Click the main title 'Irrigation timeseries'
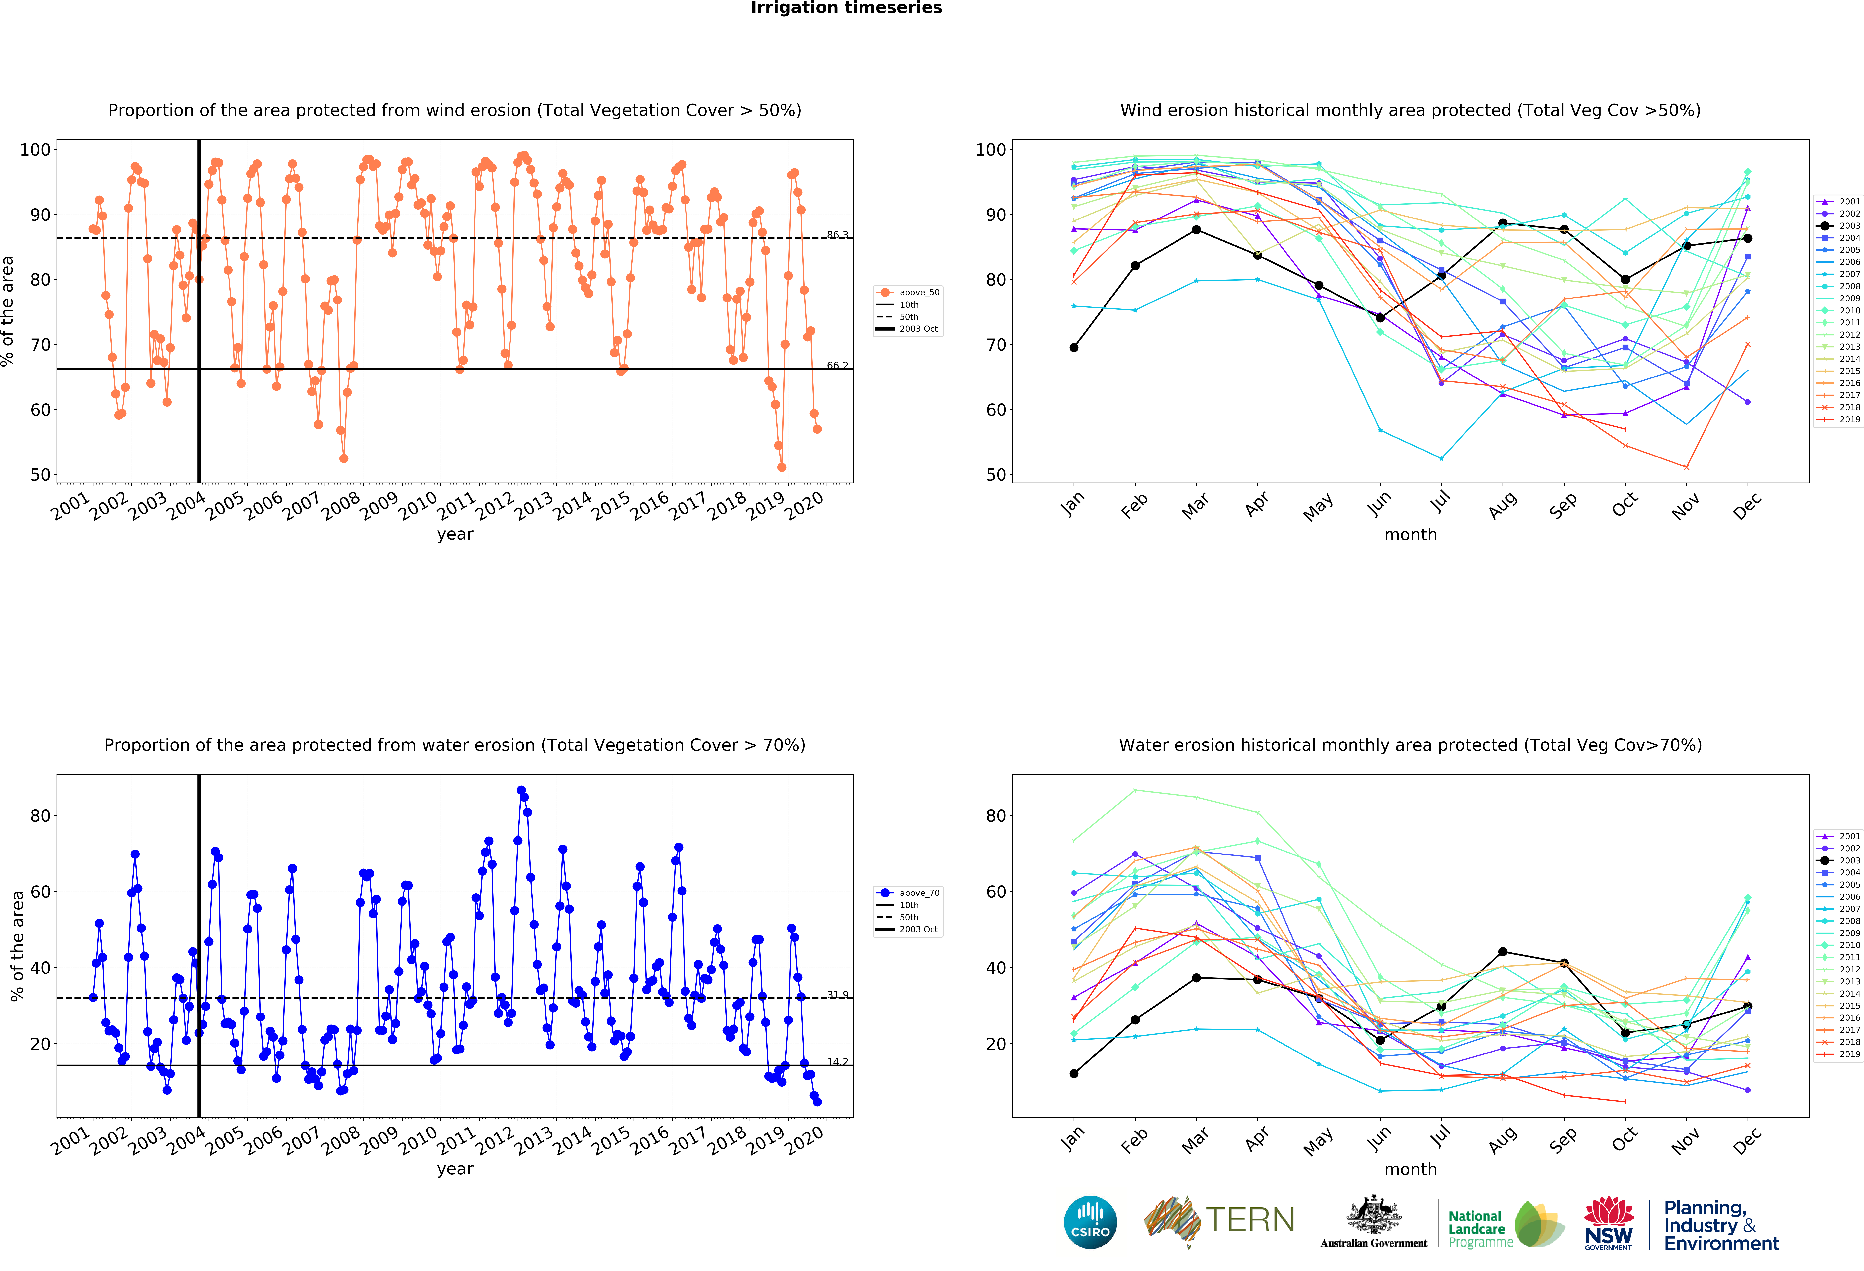pyautogui.click(x=846, y=8)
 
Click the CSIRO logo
pyautogui.click(x=1090, y=1222)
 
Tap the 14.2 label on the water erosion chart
pyautogui.click(x=837, y=1062)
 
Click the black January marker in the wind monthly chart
pyautogui.click(x=1074, y=347)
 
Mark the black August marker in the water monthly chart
pyautogui.click(x=1502, y=952)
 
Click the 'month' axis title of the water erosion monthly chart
pyautogui.click(x=1410, y=1169)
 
